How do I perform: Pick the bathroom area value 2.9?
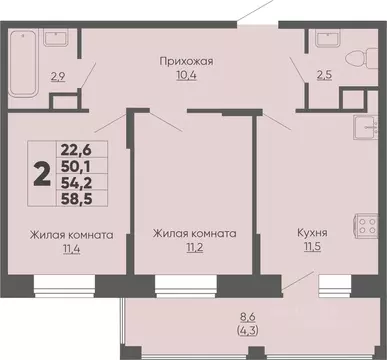[x=59, y=76]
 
